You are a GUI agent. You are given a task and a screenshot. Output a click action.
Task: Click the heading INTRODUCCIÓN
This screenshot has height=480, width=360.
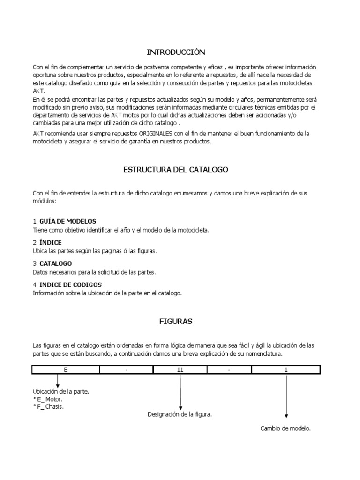click(x=176, y=52)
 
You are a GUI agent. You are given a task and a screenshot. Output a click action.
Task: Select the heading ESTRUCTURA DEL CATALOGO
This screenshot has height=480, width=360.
click(x=176, y=169)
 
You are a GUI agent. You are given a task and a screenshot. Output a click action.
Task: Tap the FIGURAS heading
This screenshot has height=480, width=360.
click(x=176, y=322)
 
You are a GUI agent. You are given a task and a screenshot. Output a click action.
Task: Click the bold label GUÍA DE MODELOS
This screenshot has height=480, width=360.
click(x=68, y=221)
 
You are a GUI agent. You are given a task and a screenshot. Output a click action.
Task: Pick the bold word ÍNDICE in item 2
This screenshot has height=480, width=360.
click(x=50, y=242)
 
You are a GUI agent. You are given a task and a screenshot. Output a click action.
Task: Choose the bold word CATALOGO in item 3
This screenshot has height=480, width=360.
click(x=56, y=263)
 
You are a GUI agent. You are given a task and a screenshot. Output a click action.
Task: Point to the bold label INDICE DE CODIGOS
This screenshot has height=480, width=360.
click(x=71, y=285)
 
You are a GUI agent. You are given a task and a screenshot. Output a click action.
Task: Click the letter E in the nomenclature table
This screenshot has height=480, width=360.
click(x=66, y=370)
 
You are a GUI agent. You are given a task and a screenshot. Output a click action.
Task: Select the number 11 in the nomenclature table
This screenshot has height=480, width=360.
click(x=180, y=370)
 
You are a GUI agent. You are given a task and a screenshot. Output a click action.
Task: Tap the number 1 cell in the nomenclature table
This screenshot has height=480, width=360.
click(x=286, y=370)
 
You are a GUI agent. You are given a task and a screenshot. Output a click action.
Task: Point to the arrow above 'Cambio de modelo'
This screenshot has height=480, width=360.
click(x=286, y=396)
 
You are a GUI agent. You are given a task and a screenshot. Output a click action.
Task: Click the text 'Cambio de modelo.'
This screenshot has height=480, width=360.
click(x=285, y=428)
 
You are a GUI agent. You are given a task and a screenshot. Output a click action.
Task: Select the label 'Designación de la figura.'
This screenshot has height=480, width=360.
click(x=180, y=414)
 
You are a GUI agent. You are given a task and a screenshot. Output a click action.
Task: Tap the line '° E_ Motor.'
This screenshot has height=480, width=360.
click(x=47, y=399)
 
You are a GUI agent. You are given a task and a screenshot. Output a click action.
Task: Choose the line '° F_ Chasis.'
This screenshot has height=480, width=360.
click(x=48, y=406)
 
